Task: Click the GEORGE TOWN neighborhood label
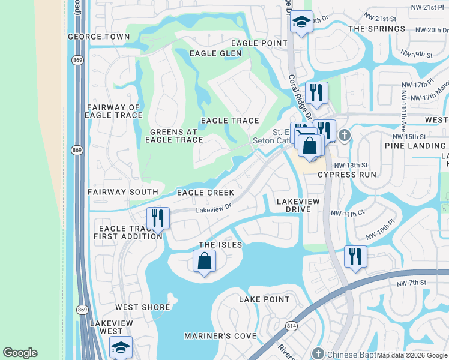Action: (98, 37)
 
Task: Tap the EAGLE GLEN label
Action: (215, 53)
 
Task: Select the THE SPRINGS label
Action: (376, 29)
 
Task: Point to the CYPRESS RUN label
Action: (346, 175)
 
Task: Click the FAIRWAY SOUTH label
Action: (122, 192)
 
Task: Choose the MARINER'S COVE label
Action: (220, 336)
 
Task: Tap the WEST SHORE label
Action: (143, 307)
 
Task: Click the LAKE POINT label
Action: (264, 299)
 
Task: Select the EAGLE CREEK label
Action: (205, 193)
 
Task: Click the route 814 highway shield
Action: (292, 326)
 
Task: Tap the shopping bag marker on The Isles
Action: (204, 262)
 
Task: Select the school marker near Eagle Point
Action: (301, 22)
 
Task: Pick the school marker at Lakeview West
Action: (121, 347)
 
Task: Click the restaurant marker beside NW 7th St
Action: (355, 256)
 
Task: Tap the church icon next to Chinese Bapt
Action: (318, 353)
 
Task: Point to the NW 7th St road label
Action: (411, 283)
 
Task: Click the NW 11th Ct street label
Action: (348, 214)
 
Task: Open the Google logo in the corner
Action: (20, 353)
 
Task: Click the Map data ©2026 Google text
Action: (411, 355)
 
